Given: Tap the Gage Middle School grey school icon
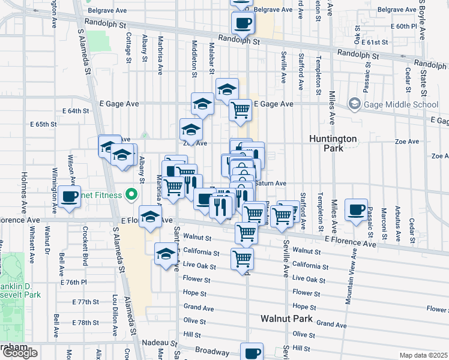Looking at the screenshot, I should point(355,104).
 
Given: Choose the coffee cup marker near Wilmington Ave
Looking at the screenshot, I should point(70,196).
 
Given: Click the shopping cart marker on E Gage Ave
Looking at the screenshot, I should point(240,110).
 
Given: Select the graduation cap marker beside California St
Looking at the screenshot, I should point(166,253).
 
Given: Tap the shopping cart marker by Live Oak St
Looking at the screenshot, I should point(242,259).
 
